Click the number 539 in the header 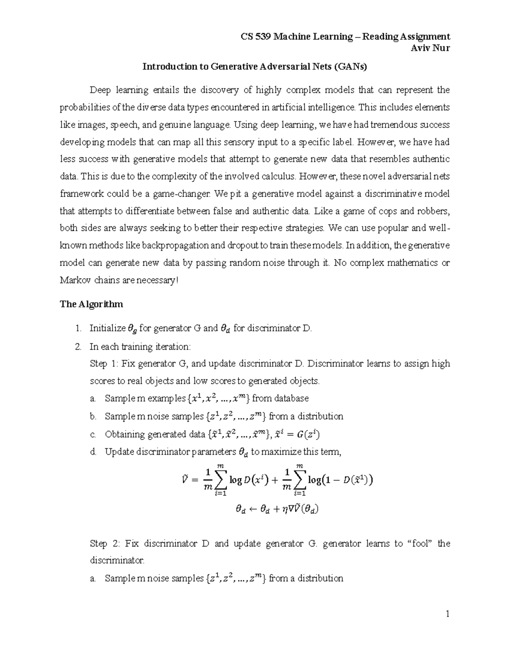[x=263, y=37]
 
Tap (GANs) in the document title [x=350, y=67]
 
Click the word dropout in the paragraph [x=241, y=246]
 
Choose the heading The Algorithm [x=91, y=304]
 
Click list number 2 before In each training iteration [x=78, y=347]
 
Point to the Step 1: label [x=104, y=364]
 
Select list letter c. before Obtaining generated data [x=93, y=434]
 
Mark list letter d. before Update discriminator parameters [x=93, y=452]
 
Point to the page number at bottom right [x=447, y=614]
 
